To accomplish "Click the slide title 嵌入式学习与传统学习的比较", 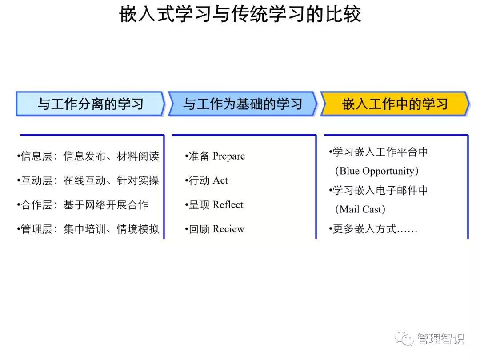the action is tap(240, 14).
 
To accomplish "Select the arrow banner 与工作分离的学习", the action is tap(90, 104).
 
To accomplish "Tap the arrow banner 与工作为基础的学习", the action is tap(243, 104).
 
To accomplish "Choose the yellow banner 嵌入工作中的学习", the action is tap(395, 104).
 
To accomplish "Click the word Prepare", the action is tap(229, 156).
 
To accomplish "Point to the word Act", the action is tap(220, 180).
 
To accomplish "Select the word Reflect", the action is tap(228, 204).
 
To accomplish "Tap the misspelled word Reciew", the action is tap(228, 229).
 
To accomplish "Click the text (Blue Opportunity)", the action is tap(377, 171).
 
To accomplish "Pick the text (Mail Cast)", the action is tap(360, 209).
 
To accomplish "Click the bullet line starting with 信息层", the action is tap(88, 156).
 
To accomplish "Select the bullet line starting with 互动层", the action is tap(88, 180).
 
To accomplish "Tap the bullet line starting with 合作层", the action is tap(83, 204).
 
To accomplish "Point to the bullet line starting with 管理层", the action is tap(88, 229).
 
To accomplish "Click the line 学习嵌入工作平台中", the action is tap(378, 152).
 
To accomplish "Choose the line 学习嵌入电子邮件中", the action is tap(378, 190).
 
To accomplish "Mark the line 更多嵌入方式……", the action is tap(373, 229).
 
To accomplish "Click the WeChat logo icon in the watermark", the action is tap(404, 338).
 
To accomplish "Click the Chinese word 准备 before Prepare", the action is tap(199, 156).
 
